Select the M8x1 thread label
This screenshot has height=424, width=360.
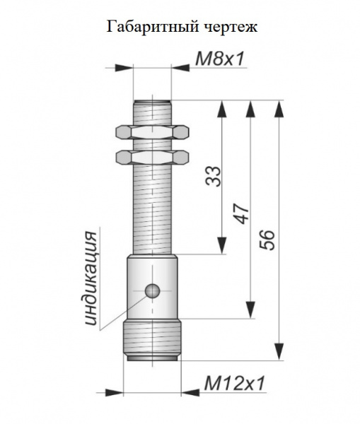tap(220, 59)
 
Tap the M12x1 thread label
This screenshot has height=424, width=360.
tap(234, 383)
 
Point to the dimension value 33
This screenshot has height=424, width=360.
tap(214, 176)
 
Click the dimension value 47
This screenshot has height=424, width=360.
tap(242, 214)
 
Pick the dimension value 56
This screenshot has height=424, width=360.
tap(267, 240)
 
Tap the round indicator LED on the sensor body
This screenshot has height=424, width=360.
tap(153, 291)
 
